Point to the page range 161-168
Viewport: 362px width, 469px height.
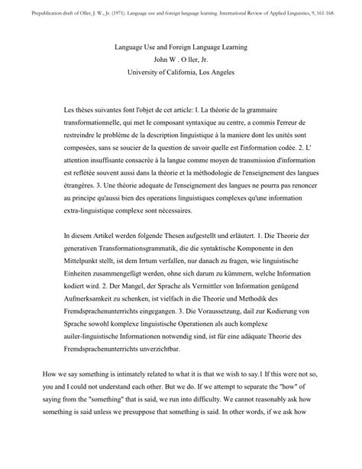pyautogui.click(x=341, y=8)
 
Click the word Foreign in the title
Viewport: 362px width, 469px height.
pyautogui.click(x=189, y=47)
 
